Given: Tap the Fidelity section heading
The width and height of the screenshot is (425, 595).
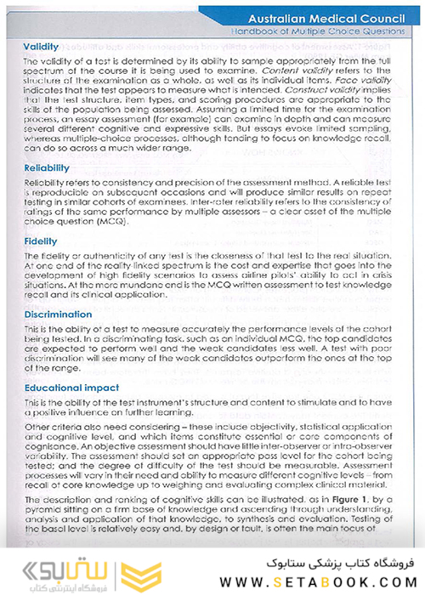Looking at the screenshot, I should [41, 241].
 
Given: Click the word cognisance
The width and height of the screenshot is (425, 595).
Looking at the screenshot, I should [52, 443].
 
